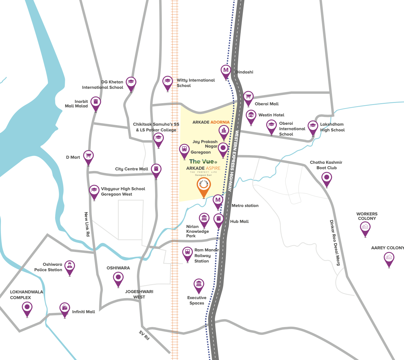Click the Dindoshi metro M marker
coord(226,71)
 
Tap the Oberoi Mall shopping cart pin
coord(248,97)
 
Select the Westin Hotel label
coord(271,115)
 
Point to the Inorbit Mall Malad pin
coord(96,102)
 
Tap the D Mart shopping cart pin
coord(88,156)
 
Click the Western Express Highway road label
coord(234,161)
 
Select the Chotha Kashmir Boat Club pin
coord(327,178)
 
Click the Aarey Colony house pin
coord(389,258)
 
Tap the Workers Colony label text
coord(367,216)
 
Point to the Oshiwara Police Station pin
coord(70,266)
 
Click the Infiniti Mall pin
coord(65,308)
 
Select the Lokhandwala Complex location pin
coord(27,307)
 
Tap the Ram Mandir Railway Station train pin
coord(188,253)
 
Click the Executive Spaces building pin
coord(199,284)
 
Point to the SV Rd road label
coord(144,335)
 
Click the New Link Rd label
coord(87,224)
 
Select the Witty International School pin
coord(167,82)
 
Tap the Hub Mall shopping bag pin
coord(219,219)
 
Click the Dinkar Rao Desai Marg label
coord(335,243)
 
